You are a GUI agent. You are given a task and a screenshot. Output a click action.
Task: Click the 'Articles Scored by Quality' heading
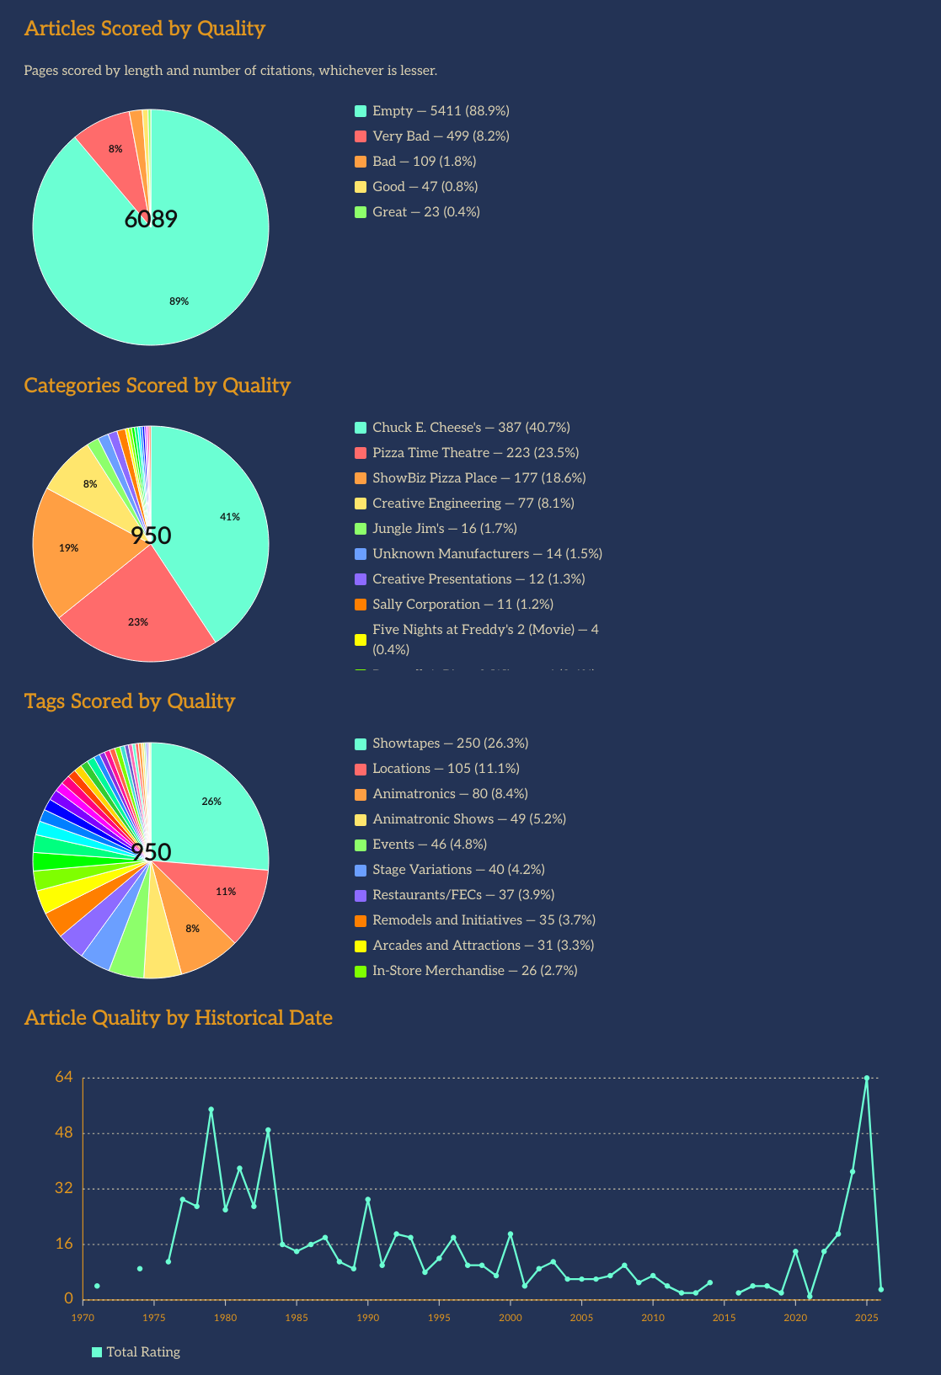tap(145, 29)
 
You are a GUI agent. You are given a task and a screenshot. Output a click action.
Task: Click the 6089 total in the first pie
tap(151, 220)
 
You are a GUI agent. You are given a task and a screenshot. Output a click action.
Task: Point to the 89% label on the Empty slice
tap(179, 301)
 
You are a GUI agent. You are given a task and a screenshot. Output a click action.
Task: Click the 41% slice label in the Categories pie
tap(229, 517)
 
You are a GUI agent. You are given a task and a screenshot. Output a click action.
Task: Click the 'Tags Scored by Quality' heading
tap(130, 701)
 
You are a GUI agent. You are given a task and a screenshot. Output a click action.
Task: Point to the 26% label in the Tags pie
tap(211, 802)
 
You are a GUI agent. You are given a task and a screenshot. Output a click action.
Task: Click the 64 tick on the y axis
tap(65, 1077)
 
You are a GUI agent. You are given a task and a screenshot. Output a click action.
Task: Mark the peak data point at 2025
tap(866, 1078)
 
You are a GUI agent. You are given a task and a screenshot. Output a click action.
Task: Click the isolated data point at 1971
tap(97, 1286)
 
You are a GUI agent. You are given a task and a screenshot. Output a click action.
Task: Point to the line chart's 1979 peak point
tap(211, 1110)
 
